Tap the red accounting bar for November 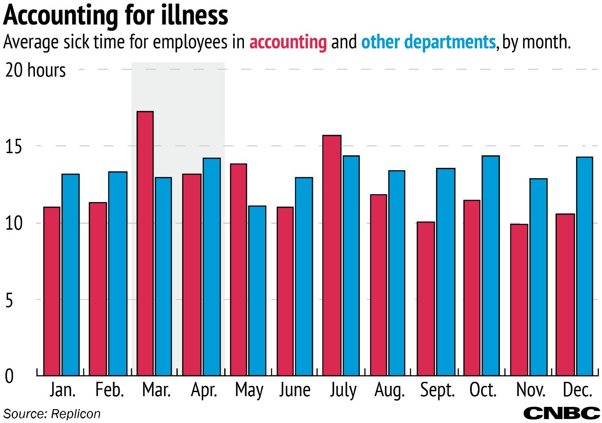[x=519, y=299]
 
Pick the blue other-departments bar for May [x=257, y=291]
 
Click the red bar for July [x=332, y=255]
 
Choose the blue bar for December [x=584, y=266]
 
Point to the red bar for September [x=426, y=299]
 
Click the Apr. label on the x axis [x=204, y=390]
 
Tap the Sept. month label [x=437, y=390]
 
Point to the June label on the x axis [x=295, y=390]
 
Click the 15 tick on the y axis [x=13, y=147]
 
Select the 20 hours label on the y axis [x=35, y=70]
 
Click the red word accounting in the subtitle [x=288, y=42]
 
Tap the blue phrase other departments [x=428, y=42]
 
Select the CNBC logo [x=561, y=413]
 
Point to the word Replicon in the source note [x=76, y=414]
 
